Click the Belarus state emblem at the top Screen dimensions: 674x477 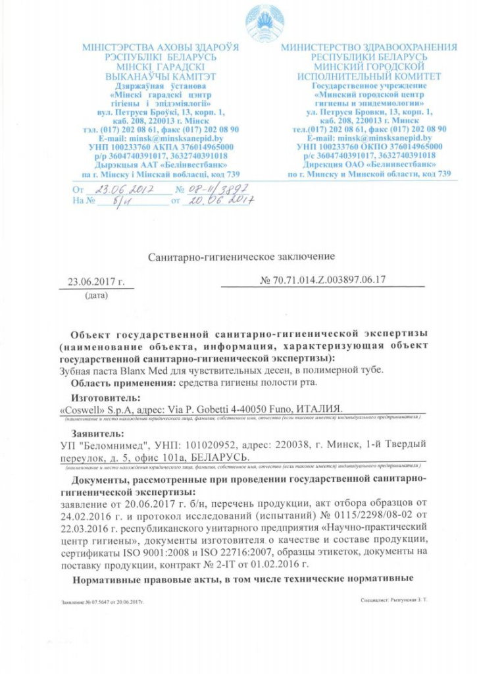(x=264, y=24)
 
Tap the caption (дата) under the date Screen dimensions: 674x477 (x=96, y=296)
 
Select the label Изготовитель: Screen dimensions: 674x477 (x=106, y=398)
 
